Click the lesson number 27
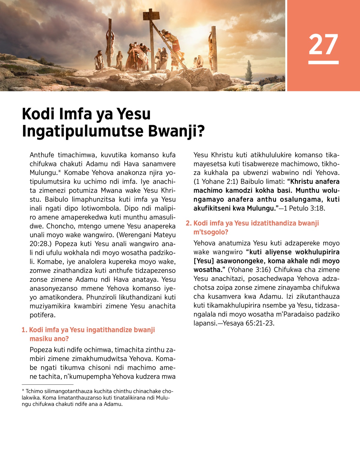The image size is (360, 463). click(x=323, y=44)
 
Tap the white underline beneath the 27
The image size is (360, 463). click(x=323, y=62)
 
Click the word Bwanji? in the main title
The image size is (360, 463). click(x=177, y=131)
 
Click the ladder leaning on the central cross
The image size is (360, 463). click(x=168, y=45)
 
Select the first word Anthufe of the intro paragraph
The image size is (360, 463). click(x=42, y=155)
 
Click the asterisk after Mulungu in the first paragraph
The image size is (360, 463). click(x=59, y=172)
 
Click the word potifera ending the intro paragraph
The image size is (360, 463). click(x=42, y=315)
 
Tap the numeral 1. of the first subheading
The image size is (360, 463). click(x=24, y=330)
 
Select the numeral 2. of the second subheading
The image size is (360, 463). click(x=188, y=223)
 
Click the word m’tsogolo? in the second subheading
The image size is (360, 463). click(x=211, y=232)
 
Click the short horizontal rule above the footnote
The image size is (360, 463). click(x=47, y=384)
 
